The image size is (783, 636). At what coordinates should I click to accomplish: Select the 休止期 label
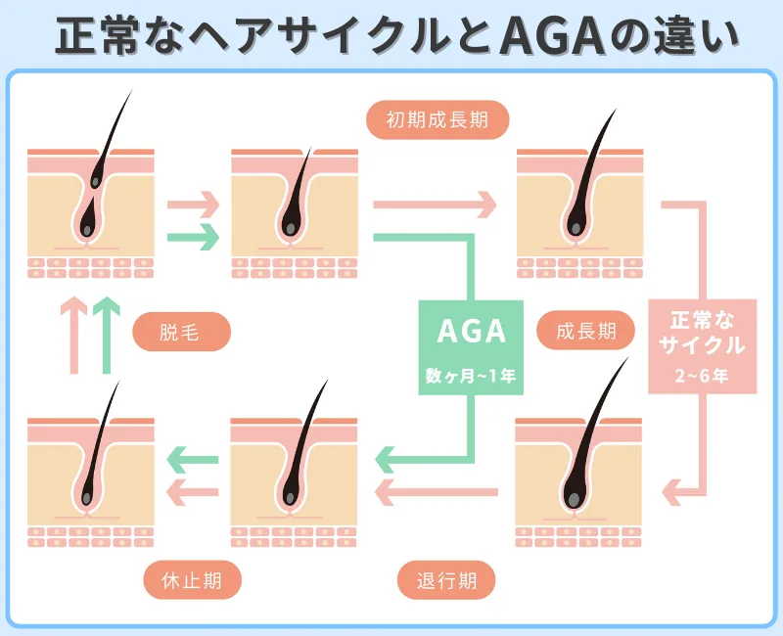(191, 580)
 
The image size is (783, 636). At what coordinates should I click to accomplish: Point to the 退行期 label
(445, 580)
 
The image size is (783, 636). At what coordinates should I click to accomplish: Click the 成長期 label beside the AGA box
(585, 333)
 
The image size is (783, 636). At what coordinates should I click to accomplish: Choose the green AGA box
(472, 346)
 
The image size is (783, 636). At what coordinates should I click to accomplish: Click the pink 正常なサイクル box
(702, 346)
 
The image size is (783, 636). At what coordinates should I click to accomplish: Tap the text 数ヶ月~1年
(472, 375)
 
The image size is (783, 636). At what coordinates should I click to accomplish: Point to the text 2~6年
(702, 375)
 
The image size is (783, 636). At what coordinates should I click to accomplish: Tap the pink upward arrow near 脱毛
(73, 334)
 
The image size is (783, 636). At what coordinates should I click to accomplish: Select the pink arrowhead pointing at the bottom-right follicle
(674, 487)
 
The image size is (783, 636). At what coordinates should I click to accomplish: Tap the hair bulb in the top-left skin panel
(87, 229)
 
